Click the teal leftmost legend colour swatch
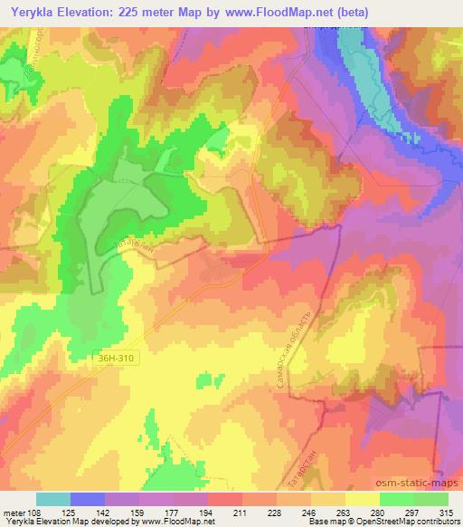coord(53,499)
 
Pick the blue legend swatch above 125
coord(88,499)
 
